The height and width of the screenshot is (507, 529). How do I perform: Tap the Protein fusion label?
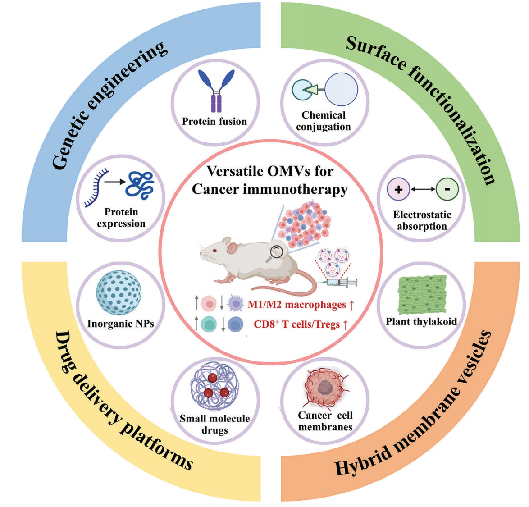pos(214,122)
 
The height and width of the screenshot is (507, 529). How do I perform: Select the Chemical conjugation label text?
pos(323,121)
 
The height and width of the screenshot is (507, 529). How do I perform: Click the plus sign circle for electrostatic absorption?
pos(398,189)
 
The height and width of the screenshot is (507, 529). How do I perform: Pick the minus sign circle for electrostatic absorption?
pos(447,189)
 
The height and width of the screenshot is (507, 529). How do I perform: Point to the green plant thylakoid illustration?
pos(422,295)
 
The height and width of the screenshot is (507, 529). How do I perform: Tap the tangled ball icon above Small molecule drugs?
pos(214,388)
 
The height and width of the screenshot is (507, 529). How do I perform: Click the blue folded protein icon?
pos(140,185)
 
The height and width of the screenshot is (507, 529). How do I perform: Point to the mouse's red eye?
pos(215,251)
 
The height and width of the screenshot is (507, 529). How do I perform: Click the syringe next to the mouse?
pos(339,283)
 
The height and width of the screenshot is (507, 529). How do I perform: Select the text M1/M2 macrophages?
pos(296,305)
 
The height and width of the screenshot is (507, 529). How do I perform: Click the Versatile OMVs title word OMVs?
pos(287,171)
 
